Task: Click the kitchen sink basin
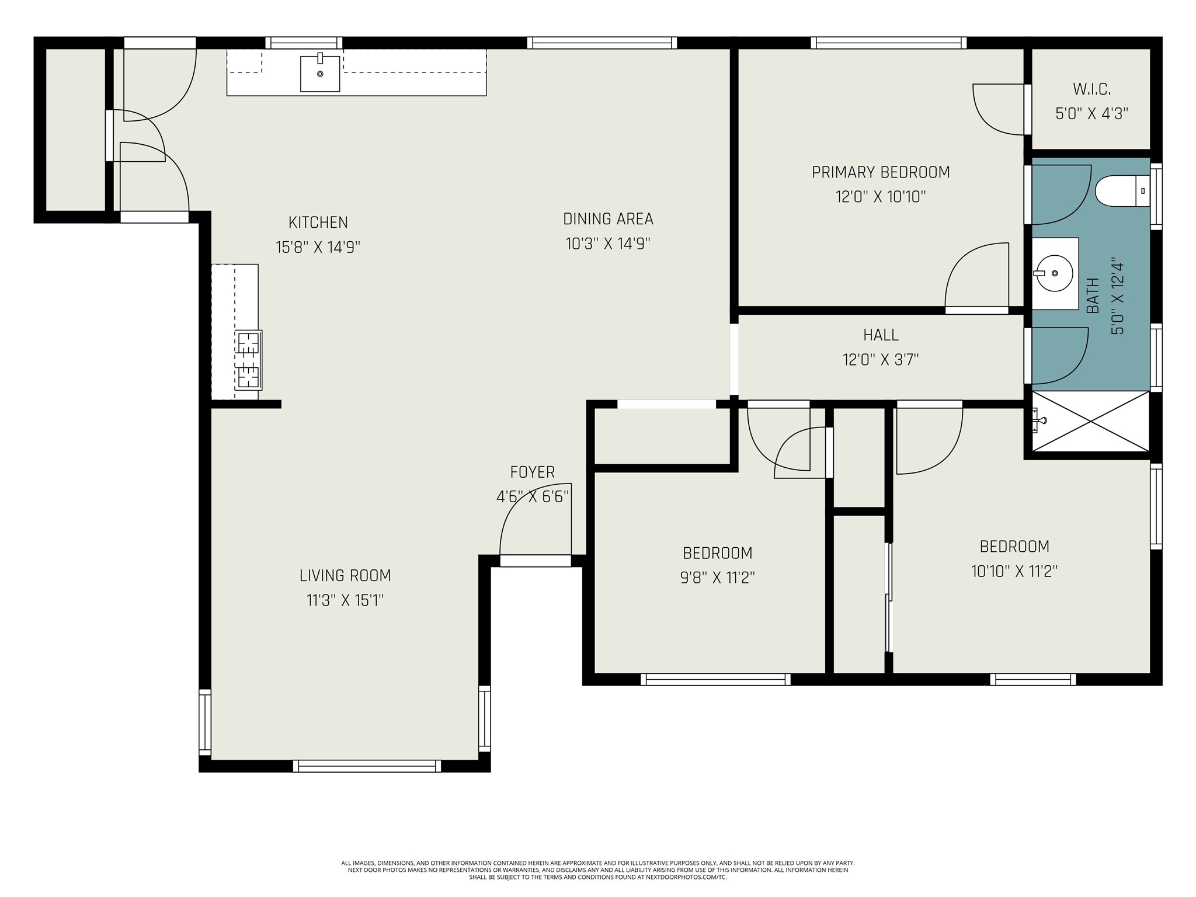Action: tap(320, 74)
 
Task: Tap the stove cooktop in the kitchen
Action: tap(248, 360)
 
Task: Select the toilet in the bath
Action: tap(1122, 190)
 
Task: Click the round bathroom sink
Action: tap(1054, 273)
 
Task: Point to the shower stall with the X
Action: tap(1090, 421)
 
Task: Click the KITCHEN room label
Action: tap(318, 222)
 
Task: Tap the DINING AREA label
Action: tap(608, 219)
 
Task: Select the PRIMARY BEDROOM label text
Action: tap(881, 172)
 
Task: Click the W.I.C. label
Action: tap(1091, 89)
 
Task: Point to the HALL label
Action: tap(881, 335)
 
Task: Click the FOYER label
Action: tap(532, 472)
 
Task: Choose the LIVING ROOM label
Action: tap(345, 576)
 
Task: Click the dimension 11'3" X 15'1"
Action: tap(345, 600)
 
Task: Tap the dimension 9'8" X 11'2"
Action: tap(718, 578)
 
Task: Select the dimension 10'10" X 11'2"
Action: tap(1014, 571)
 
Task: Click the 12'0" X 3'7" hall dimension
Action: tap(881, 360)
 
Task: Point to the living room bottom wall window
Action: tap(367, 766)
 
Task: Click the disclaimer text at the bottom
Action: tap(598, 870)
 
